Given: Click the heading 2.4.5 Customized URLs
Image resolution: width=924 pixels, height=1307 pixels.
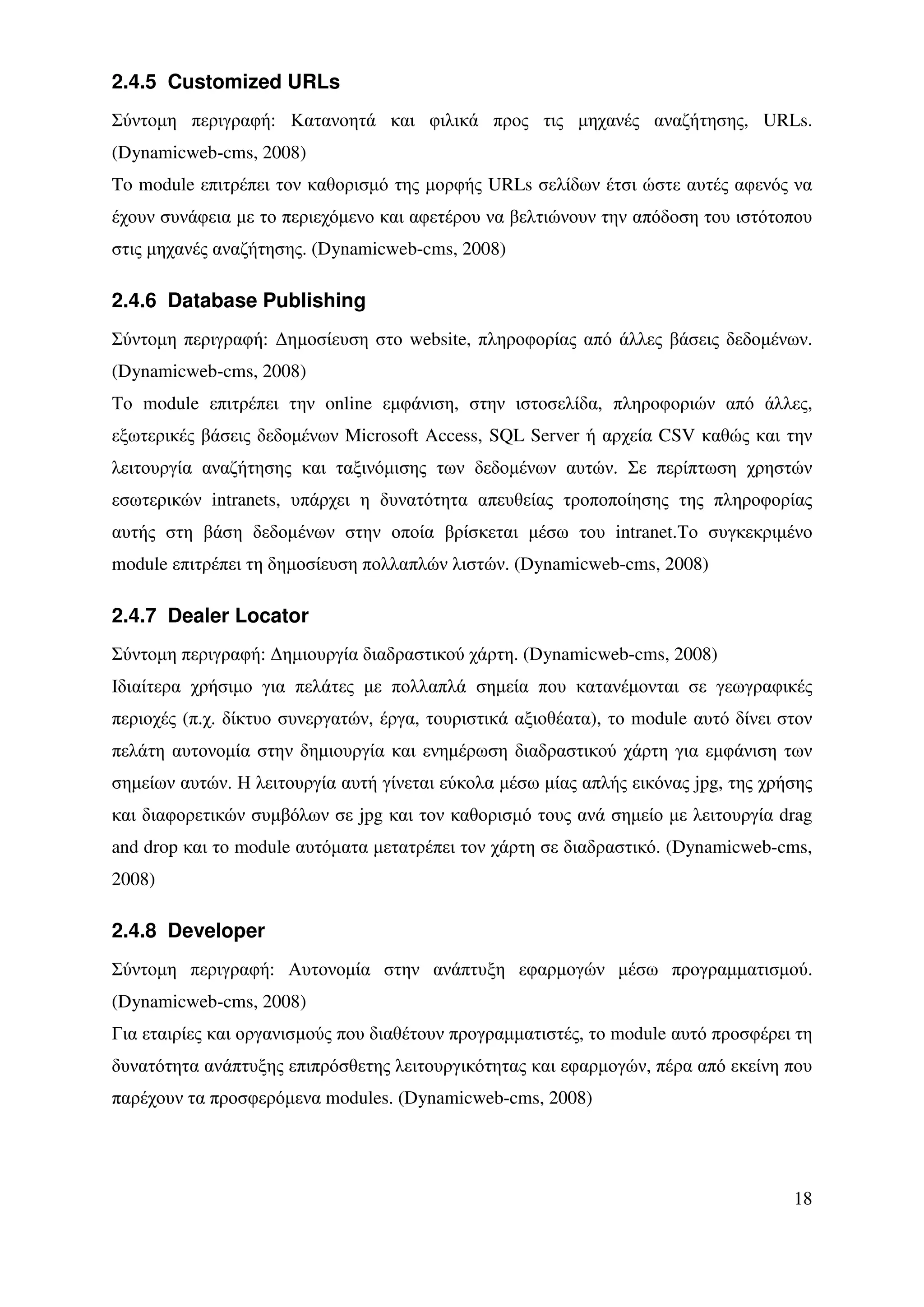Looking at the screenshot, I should pos(226,83).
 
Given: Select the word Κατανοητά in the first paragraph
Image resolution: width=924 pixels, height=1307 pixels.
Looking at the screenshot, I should pos(333,121).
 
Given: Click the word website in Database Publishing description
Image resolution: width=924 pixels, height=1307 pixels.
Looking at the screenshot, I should pos(438,340).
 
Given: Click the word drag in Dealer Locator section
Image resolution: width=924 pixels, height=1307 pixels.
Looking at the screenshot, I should pos(796,816).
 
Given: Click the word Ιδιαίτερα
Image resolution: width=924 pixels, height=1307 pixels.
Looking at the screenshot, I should pos(145,688).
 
